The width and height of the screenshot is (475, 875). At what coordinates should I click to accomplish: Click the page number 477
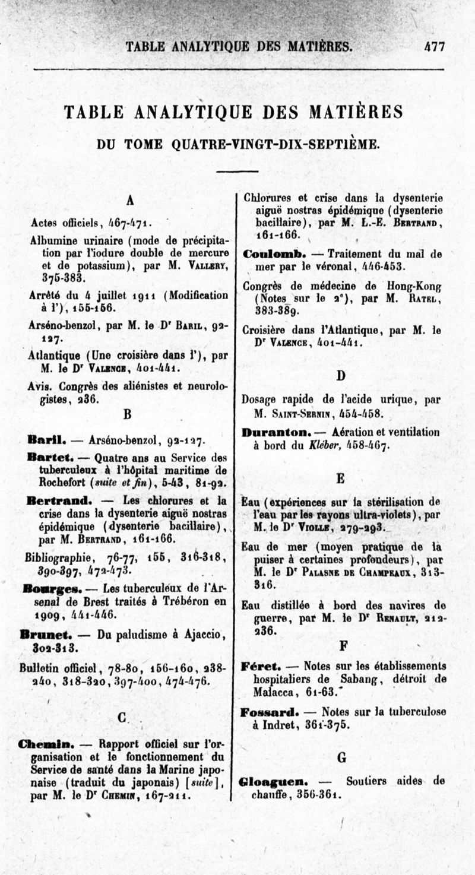(434, 46)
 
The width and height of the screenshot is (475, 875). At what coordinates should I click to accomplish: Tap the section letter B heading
(128, 413)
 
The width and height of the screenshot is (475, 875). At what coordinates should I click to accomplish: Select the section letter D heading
(341, 375)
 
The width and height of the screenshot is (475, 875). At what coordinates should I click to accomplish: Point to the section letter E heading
(341, 478)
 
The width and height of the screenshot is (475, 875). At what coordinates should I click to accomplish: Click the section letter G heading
(341, 757)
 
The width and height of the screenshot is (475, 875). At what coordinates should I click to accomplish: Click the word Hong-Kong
(414, 285)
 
